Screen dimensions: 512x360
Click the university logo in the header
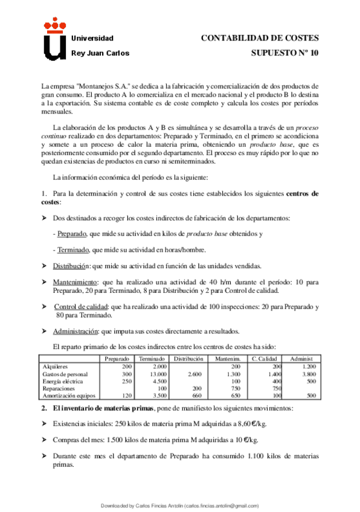tap(54, 39)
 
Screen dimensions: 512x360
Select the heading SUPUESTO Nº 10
tap(284, 53)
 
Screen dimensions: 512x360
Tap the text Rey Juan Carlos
tap(100, 53)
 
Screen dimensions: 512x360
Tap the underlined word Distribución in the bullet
tap(71, 266)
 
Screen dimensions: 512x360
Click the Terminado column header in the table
tap(152, 359)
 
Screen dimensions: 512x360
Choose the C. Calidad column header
tap(264, 359)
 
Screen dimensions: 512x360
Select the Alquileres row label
tap(56, 366)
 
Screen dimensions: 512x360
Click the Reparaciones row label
tap(59, 388)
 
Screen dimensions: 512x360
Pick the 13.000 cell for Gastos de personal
tap(158, 374)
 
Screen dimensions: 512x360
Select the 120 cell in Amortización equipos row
tap(126, 395)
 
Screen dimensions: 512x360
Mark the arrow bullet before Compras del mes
tap(45, 440)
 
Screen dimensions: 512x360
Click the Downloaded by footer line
tap(179, 505)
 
